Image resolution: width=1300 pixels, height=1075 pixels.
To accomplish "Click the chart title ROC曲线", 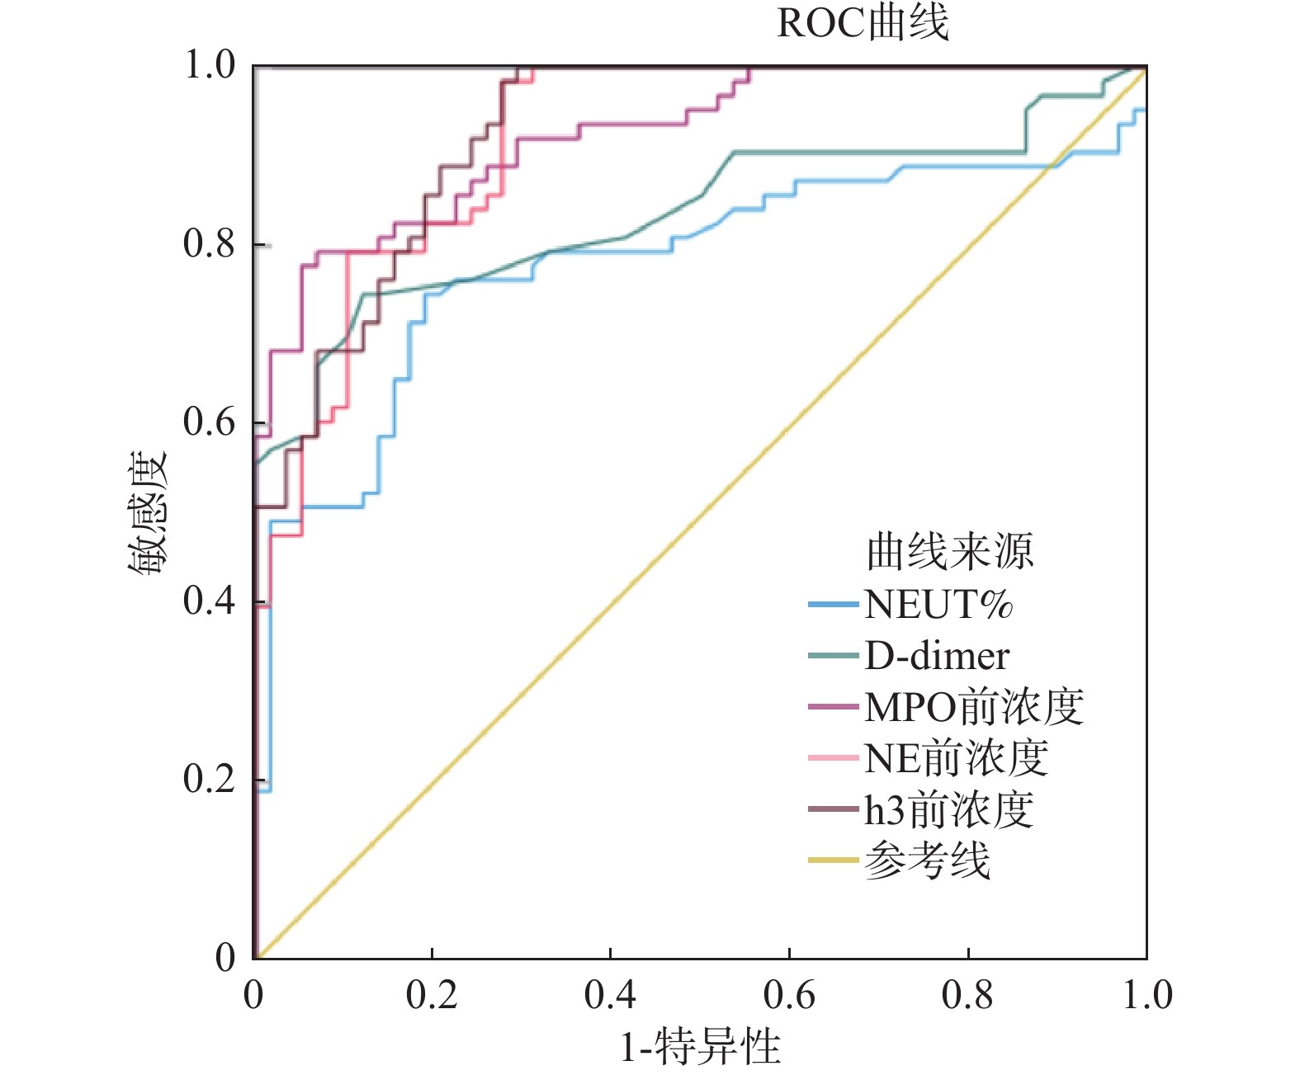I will point(863,23).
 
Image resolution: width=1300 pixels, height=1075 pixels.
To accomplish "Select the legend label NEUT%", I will point(938,605).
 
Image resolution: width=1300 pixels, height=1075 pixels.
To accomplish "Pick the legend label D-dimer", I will point(937,656).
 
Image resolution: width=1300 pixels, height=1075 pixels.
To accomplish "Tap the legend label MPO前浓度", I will point(974,707).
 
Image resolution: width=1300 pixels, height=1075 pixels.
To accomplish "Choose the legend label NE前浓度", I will point(957,758).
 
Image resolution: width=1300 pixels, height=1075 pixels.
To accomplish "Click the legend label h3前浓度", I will point(949,810).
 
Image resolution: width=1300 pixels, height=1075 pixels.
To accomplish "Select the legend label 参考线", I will point(927,861).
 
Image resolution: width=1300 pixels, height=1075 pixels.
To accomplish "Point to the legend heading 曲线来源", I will point(950,551).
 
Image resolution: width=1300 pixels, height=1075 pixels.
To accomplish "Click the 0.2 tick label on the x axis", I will point(432,995).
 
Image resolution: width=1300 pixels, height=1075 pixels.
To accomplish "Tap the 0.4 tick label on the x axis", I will point(610,995).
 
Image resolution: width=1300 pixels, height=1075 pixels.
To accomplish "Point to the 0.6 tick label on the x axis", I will point(789,995).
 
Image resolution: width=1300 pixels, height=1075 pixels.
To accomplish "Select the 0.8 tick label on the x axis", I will point(967,995).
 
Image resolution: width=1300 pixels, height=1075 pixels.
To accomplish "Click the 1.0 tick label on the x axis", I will point(1146,995).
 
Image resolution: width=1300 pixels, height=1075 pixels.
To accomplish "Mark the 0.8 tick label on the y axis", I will point(209,244).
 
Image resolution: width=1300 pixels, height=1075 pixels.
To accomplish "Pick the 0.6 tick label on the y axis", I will point(209,422).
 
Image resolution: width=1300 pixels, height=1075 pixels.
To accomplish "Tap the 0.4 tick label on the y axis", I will point(209,601).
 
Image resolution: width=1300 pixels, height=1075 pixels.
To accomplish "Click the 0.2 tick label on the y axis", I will point(209,779).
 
